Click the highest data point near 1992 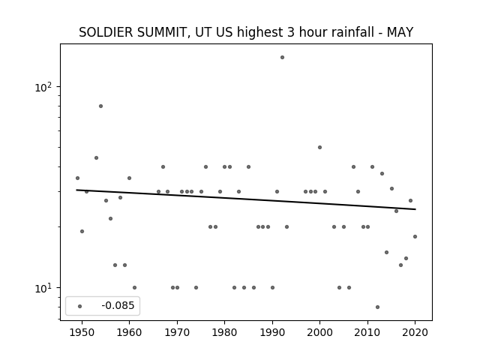click(282, 57)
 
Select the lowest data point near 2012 click(377, 307)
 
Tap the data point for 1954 click(100, 106)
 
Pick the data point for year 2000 click(320, 147)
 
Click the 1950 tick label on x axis click(82, 332)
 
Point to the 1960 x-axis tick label click(129, 332)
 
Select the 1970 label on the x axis click(177, 332)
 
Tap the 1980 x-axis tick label click(224, 332)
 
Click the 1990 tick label click(272, 332)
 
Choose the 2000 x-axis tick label click(319, 332)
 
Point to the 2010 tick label click(367, 332)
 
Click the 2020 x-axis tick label click(415, 332)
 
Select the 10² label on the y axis click(43, 87)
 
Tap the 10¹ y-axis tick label click(43, 288)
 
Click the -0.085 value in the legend click(118, 305)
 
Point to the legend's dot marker click(80, 306)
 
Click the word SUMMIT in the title click(163, 32)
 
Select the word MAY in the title click(400, 32)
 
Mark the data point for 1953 click(96, 158)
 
